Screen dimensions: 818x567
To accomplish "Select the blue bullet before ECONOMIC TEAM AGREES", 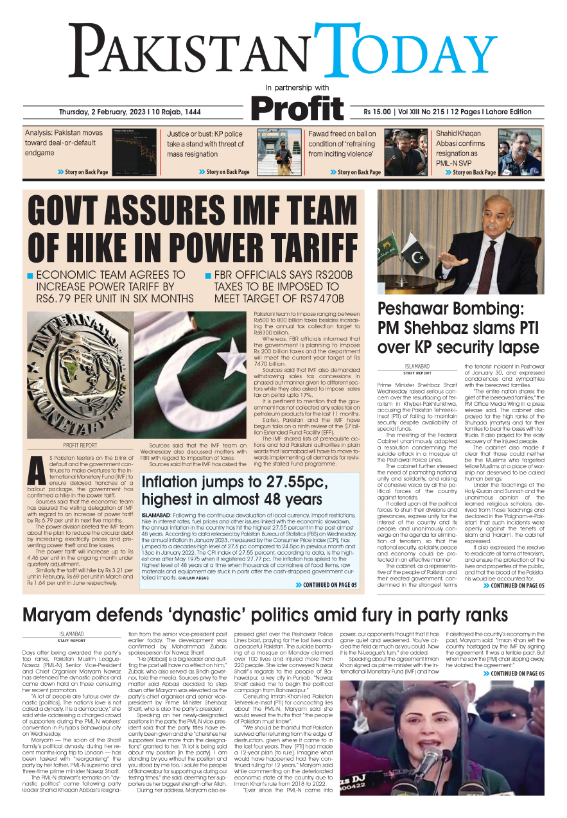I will click(30, 275).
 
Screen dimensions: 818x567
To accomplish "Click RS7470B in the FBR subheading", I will click(320, 299).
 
